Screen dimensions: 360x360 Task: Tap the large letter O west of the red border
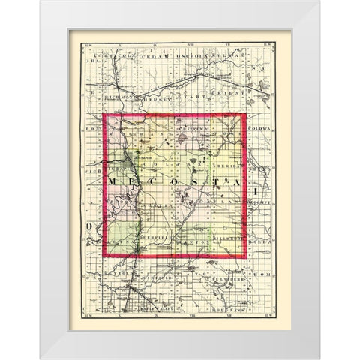(88, 226)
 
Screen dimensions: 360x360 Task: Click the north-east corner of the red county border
(244, 115)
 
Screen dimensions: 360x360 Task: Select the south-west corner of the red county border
(103, 259)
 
